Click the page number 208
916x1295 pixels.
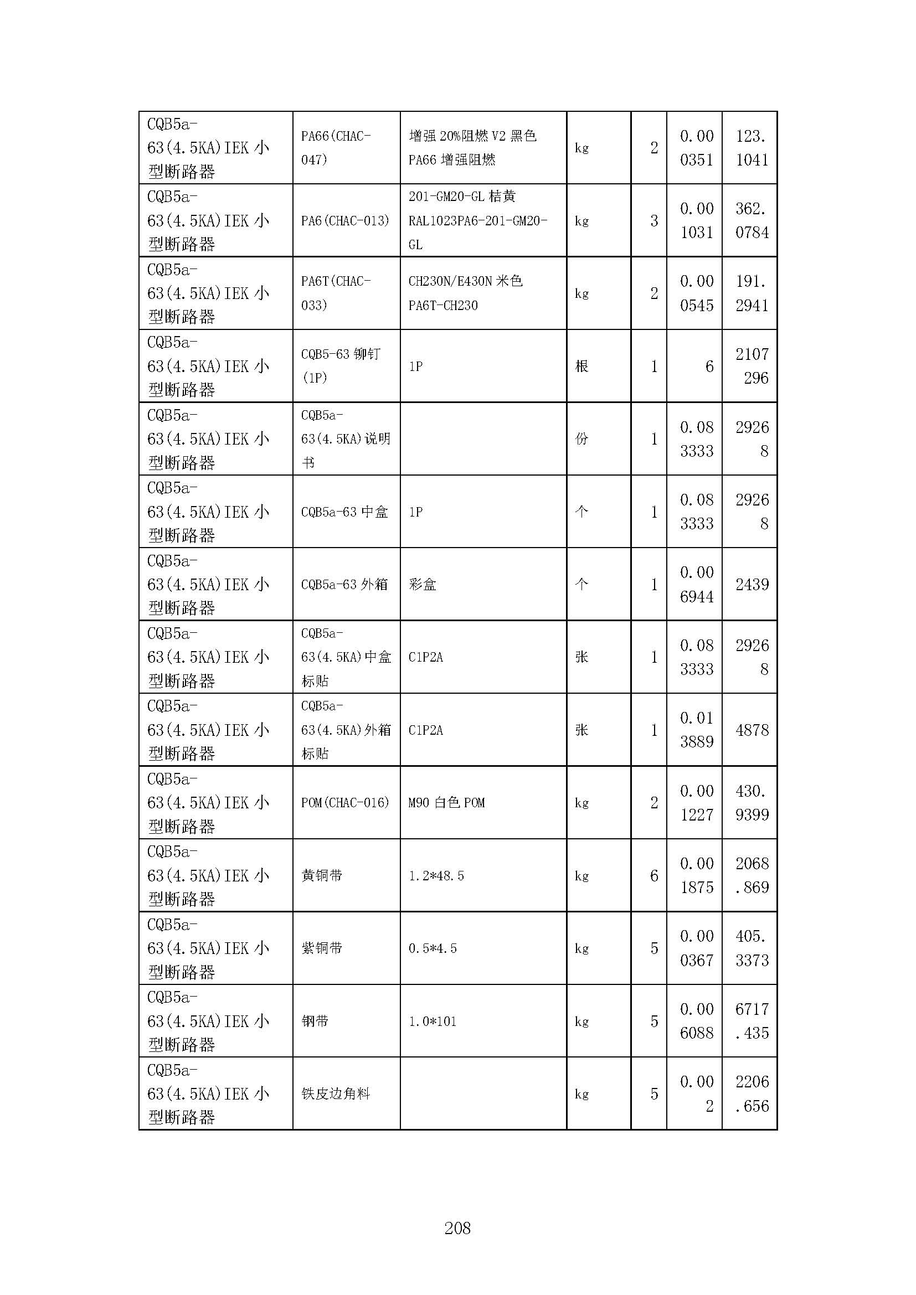pos(457,1228)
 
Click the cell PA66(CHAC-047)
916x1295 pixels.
pos(336,148)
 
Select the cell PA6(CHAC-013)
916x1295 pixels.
pos(344,220)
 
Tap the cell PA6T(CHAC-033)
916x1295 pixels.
pos(336,293)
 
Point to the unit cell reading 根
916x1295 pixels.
pos(581,366)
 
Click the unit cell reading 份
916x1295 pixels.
pos(581,439)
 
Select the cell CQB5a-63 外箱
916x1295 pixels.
pos(344,584)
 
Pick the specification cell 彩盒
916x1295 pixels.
pos(423,584)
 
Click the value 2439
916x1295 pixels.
pos(752,584)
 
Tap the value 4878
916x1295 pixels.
pos(752,730)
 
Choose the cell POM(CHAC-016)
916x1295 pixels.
pos(344,803)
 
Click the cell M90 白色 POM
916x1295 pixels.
pos(446,803)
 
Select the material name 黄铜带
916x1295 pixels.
pos(322,875)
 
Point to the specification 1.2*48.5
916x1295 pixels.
pos(436,875)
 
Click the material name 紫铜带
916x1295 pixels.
pos(322,948)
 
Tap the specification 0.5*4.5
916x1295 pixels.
pos(432,948)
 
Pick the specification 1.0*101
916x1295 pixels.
pos(432,1021)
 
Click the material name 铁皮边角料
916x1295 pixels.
pos(336,1093)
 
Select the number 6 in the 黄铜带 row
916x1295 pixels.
pos(653,875)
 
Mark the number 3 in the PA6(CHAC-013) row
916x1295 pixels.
pos(653,220)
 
